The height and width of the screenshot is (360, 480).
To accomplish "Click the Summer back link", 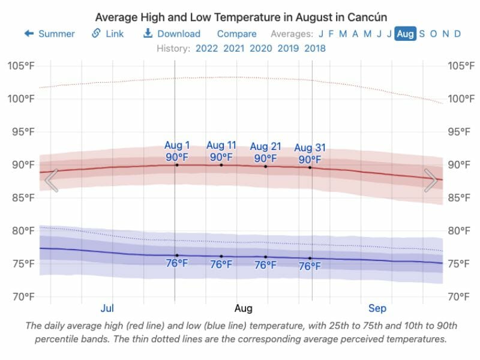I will (50, 34).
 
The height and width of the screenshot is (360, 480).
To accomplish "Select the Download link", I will (172, 34).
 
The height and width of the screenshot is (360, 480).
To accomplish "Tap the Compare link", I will (236, 34).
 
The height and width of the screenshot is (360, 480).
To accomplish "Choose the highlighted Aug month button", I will (405, 34).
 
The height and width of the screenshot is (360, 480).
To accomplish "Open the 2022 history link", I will (207, 48).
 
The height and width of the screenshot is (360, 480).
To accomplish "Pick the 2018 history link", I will (315, 48).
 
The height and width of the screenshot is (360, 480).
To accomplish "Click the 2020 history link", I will (261, 48).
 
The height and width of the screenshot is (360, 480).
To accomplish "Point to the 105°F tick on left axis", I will (22, 65).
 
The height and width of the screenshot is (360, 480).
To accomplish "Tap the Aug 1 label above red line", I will (177, 146).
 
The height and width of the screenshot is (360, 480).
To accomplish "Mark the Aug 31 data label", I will (310, 148).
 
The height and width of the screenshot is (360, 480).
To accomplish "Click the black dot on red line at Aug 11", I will (221, 164).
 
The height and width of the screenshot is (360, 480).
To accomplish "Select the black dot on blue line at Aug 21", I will (266, 257).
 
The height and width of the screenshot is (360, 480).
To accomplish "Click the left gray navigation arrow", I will (52, 181).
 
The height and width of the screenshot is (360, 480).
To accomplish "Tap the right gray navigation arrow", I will (431, 181).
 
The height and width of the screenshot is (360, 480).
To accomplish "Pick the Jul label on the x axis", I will (107, 308).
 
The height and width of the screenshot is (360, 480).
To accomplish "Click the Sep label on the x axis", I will (377, 308).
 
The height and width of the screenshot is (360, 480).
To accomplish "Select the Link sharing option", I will (108, 34).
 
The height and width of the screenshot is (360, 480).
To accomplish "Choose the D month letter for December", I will (457, 34).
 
